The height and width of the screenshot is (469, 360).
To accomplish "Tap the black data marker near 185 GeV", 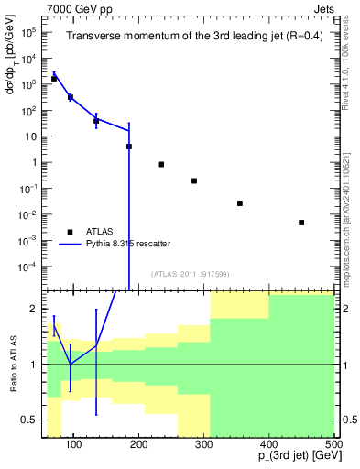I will (x=129, y=146).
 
